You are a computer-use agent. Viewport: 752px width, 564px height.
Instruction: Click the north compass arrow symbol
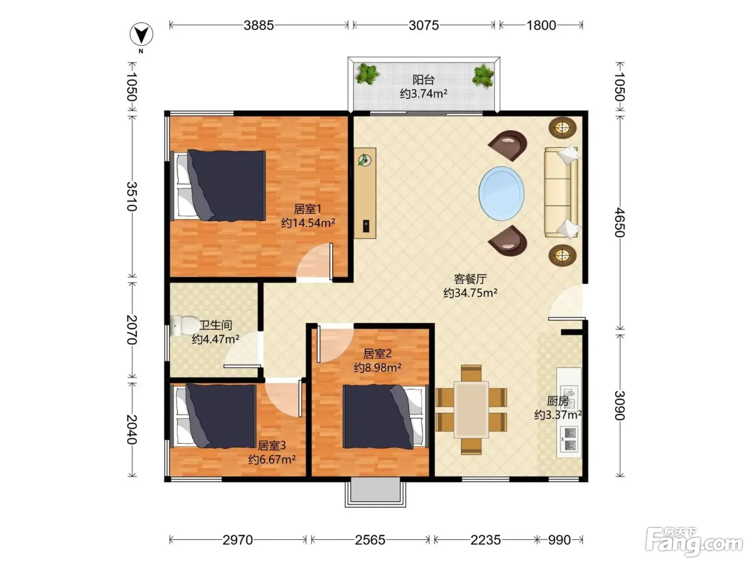[x=141, y=34]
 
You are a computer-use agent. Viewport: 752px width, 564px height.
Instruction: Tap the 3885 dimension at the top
[x=259, y=25]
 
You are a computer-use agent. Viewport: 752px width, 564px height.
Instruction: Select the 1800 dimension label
[x=541, y=25]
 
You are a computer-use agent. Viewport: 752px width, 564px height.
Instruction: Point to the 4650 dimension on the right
[x=620, y=222]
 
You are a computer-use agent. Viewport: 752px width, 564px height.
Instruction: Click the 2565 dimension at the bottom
[x=370, y=540]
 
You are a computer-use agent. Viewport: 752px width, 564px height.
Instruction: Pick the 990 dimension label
[x=559, y=540]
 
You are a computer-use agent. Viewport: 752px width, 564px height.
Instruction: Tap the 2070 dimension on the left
[x=132, y=329]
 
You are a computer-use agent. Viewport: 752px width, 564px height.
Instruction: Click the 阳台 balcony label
[x=423, y=80]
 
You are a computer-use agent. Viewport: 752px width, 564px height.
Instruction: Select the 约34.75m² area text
[x=471, y=293]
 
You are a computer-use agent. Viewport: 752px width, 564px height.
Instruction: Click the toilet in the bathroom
[x=182, y=326]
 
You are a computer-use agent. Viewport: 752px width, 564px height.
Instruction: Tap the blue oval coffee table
[x=501, y=193]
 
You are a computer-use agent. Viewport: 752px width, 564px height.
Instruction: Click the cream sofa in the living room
[x=562, y=192]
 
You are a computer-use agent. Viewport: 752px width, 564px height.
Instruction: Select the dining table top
[x=472, y=410]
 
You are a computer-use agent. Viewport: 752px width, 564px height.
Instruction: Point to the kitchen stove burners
[x=569, y=439]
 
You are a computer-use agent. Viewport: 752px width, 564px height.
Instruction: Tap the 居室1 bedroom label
[x=308, y=209]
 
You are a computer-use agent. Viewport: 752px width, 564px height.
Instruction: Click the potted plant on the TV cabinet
[x=364, y=160]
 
